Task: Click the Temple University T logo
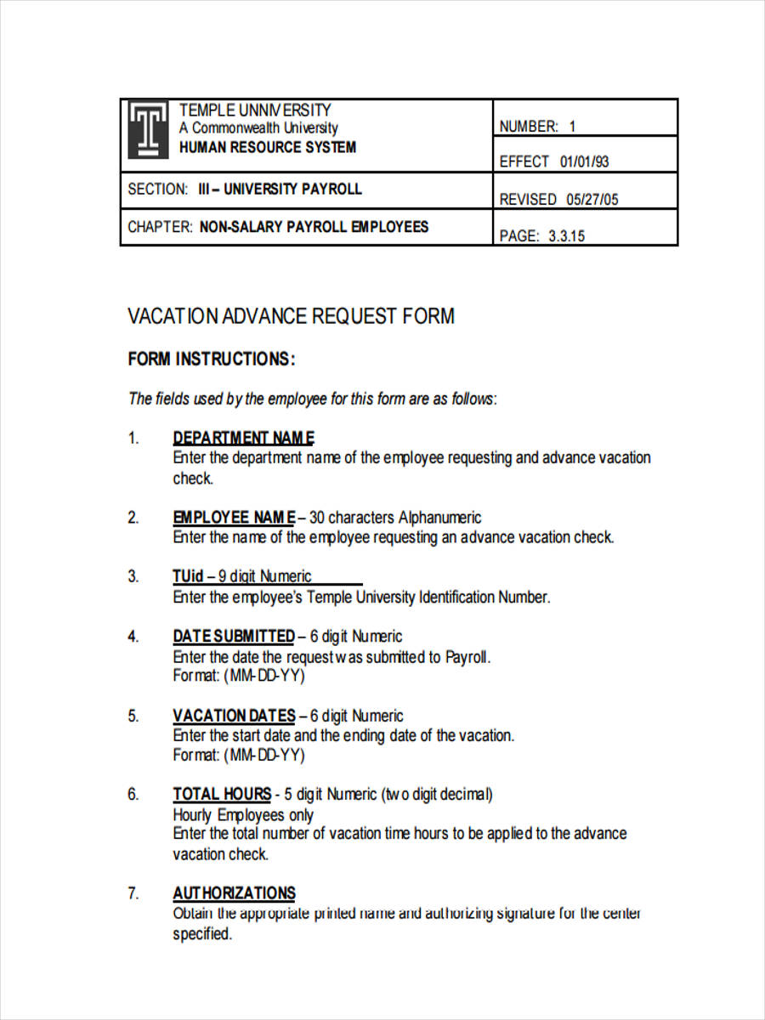(149, 130)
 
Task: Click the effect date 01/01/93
(585, 161)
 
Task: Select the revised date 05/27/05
(588, 200)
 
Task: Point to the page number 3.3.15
(566, 236)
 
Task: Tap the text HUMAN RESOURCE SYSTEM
(267, 147)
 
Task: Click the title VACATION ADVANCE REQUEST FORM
(291, 316)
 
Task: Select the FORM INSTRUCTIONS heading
(212, 360)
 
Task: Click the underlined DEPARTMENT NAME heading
(244, 439)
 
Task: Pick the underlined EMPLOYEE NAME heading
(234, 518)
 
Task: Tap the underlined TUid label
(188, 576)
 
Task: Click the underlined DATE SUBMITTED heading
(234, 637)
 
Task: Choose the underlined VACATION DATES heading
(234, 716)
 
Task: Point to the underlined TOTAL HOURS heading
(222, 795)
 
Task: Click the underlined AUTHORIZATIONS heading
(234, 893)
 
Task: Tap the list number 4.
(133, 637)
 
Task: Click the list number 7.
(133, 893)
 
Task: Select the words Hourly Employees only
(243, 815)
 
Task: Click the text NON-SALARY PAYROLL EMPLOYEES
(314, 227)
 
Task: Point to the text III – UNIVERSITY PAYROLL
(280, 189)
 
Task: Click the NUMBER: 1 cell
(537, 127)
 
